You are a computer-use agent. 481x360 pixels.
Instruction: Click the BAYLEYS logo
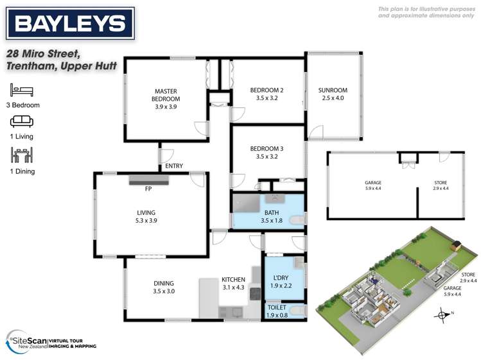click(x=70, y=24)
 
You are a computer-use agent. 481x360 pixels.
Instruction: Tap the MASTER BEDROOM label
click(x=166, y=95)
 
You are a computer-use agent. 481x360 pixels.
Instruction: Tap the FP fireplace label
click(x=148, y=189)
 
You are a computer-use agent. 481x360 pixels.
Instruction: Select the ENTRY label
click(x=173, y=166)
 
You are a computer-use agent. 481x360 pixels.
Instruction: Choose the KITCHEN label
click(x=232, y=280)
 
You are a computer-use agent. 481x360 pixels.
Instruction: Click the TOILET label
click(x=278, y=307)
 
